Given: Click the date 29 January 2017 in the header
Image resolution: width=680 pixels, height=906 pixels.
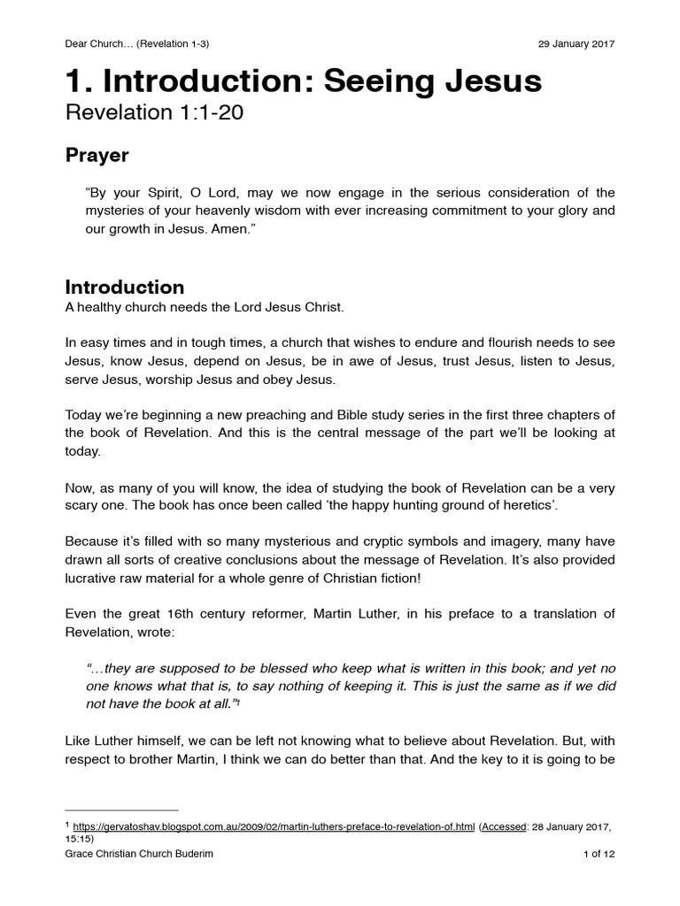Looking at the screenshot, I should [576, 43].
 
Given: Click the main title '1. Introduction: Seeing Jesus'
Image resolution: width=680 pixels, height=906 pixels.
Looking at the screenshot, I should [303, 81].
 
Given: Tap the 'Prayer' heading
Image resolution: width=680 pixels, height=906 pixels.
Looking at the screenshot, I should [97, 156].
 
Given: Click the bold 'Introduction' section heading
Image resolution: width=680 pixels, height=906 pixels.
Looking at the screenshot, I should [125, 288].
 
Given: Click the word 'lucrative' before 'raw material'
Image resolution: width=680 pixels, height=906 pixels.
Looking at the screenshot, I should [94, 579].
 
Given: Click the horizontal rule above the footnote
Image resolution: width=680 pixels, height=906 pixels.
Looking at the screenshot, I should [122, 810].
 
